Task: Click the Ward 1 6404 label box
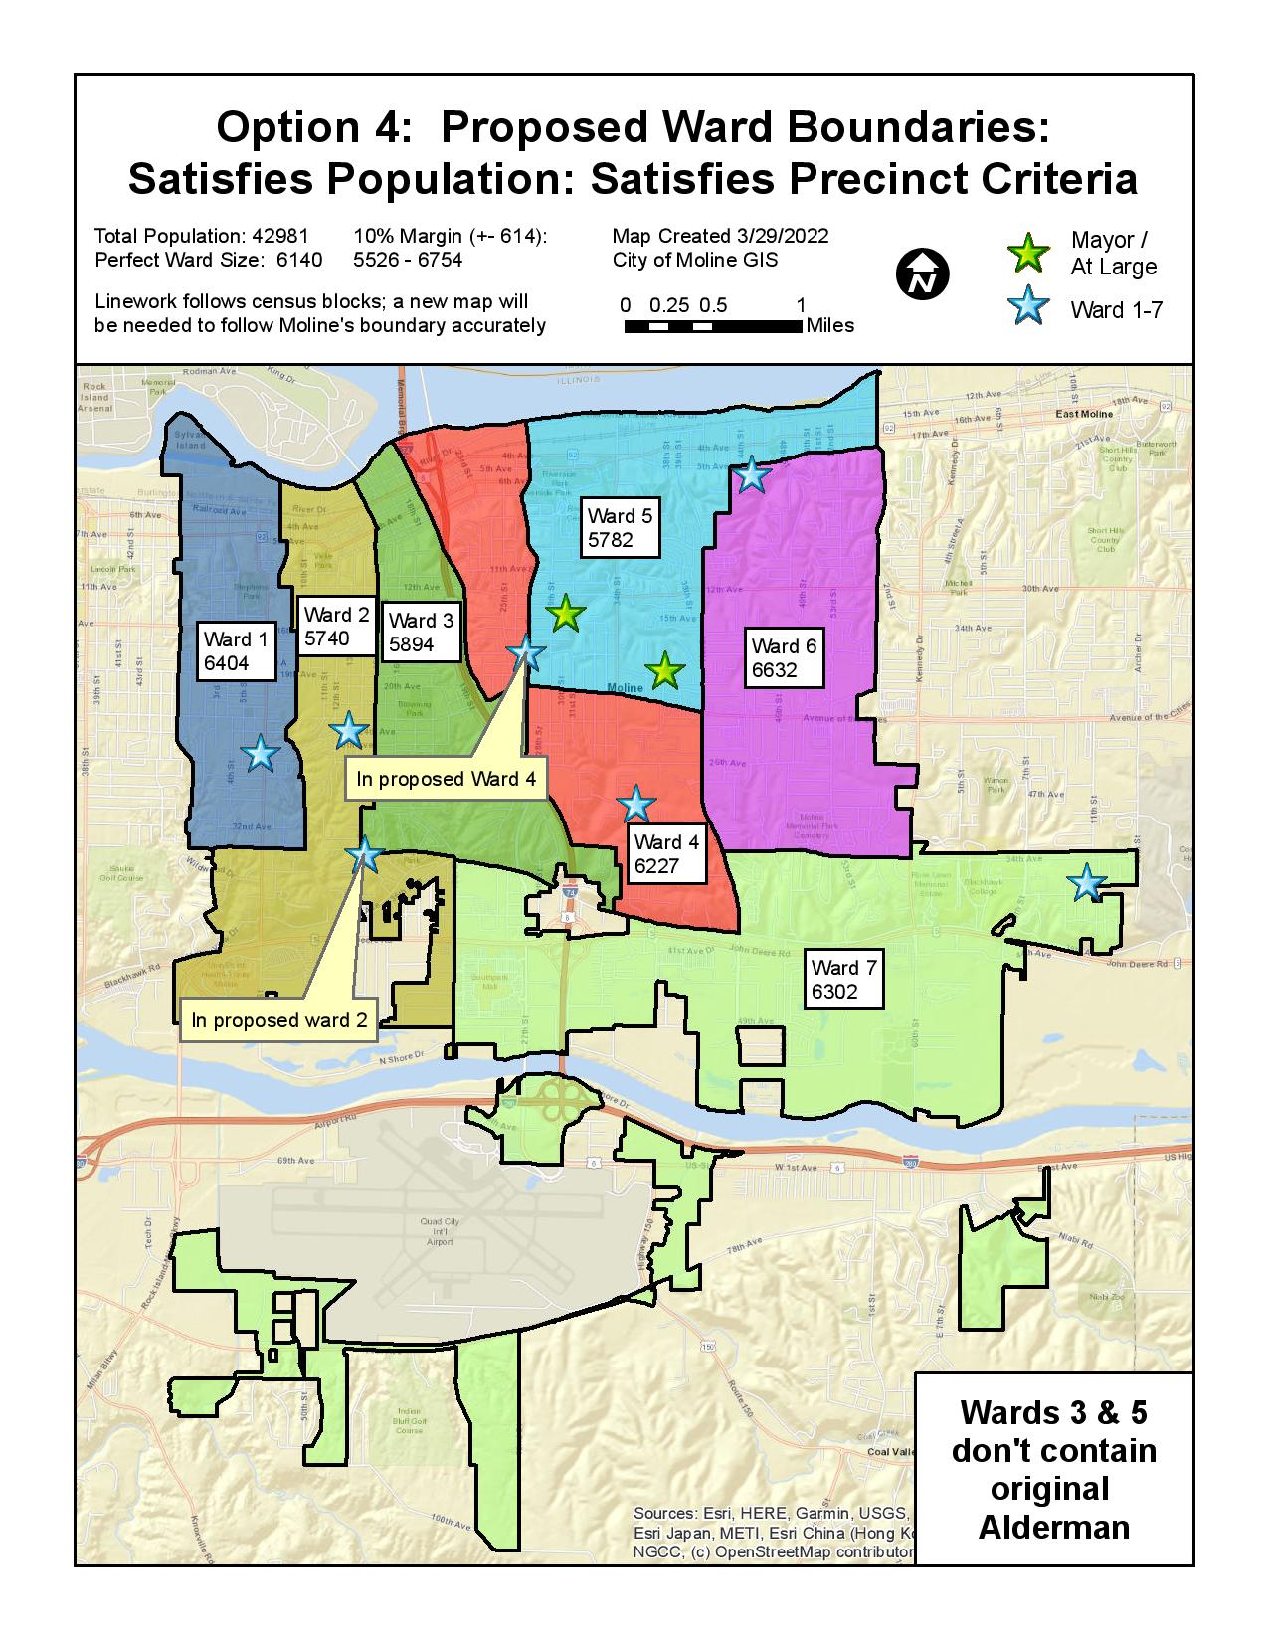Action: pos(236,651)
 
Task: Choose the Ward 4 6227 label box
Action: pos(666,854)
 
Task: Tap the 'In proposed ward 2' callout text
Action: pos(278,1020)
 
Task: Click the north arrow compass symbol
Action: pos(922,275)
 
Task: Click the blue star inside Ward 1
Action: pos(261,753)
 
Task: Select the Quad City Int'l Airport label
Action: pos(439,1231)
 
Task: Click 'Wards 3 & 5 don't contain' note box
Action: pos(1053,1469)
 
